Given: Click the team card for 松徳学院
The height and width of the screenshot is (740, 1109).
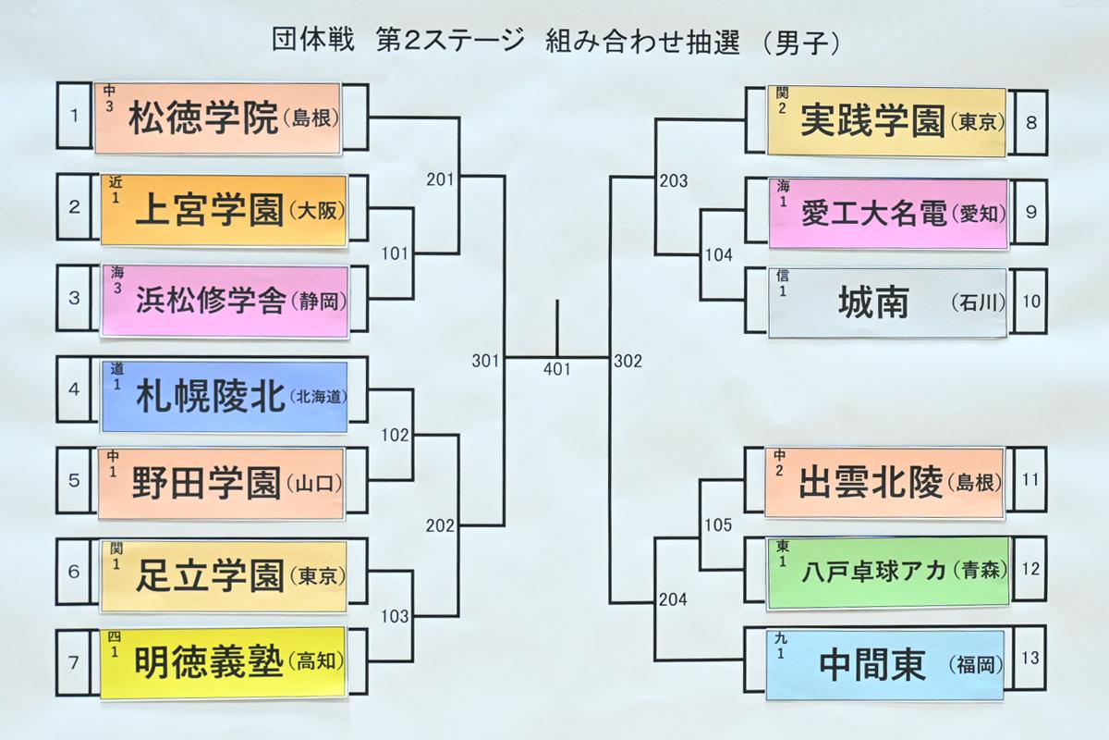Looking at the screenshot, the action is coord(217,118).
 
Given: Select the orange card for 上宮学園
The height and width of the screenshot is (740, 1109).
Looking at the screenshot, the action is coord(224,210).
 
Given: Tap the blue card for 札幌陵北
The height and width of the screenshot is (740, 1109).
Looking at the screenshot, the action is coord(225,397).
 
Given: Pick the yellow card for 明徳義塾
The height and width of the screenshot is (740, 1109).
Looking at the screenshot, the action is coord(224,662).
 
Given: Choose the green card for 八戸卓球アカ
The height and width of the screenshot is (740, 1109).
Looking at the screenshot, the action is coord(888,573).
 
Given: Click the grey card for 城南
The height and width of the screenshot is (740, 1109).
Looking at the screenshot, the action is coord(888,302).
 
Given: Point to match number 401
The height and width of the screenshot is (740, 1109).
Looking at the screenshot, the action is coord(557,369).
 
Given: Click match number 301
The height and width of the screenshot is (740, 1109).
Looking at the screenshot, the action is coord(486,361).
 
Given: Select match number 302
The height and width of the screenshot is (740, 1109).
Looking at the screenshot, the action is coord(628,361).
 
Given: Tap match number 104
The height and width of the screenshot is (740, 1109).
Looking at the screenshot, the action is coord(718,254).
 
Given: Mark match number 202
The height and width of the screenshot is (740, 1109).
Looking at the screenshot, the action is coord(440,525).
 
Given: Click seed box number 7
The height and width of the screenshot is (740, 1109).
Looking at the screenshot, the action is coord(74,662).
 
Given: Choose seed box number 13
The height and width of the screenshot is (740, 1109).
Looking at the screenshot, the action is coord(1030,659).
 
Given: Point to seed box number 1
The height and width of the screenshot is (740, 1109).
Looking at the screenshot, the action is coord(74,116).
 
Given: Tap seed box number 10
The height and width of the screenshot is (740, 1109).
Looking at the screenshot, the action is coord(1031,302).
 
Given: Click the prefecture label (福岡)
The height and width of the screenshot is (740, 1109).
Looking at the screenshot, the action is coord(975,665).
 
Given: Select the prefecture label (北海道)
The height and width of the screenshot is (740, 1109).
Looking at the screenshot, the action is coord(318,396).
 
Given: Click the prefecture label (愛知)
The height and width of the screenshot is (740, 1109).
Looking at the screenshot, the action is coord(979,214).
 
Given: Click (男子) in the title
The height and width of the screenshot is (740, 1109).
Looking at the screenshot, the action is coord(800,43).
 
